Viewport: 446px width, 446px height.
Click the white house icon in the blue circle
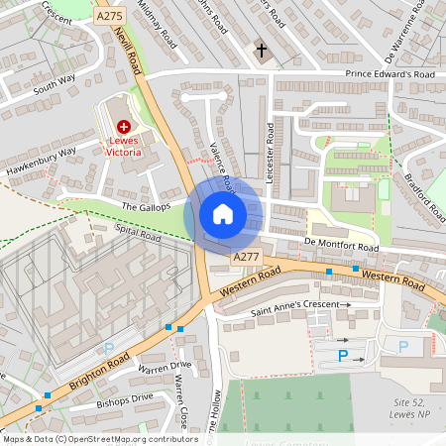[223, 214]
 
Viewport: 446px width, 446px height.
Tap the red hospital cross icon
[124, 127]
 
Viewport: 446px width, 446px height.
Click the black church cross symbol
[263, 50]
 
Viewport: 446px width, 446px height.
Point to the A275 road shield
[109, 18]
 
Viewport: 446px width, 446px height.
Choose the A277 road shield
[246, 258]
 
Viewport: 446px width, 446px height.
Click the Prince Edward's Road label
[390, 75]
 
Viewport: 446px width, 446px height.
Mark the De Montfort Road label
[342, 246]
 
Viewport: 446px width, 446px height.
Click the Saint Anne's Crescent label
[300, 304]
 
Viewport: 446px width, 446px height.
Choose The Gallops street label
[147, 206]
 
